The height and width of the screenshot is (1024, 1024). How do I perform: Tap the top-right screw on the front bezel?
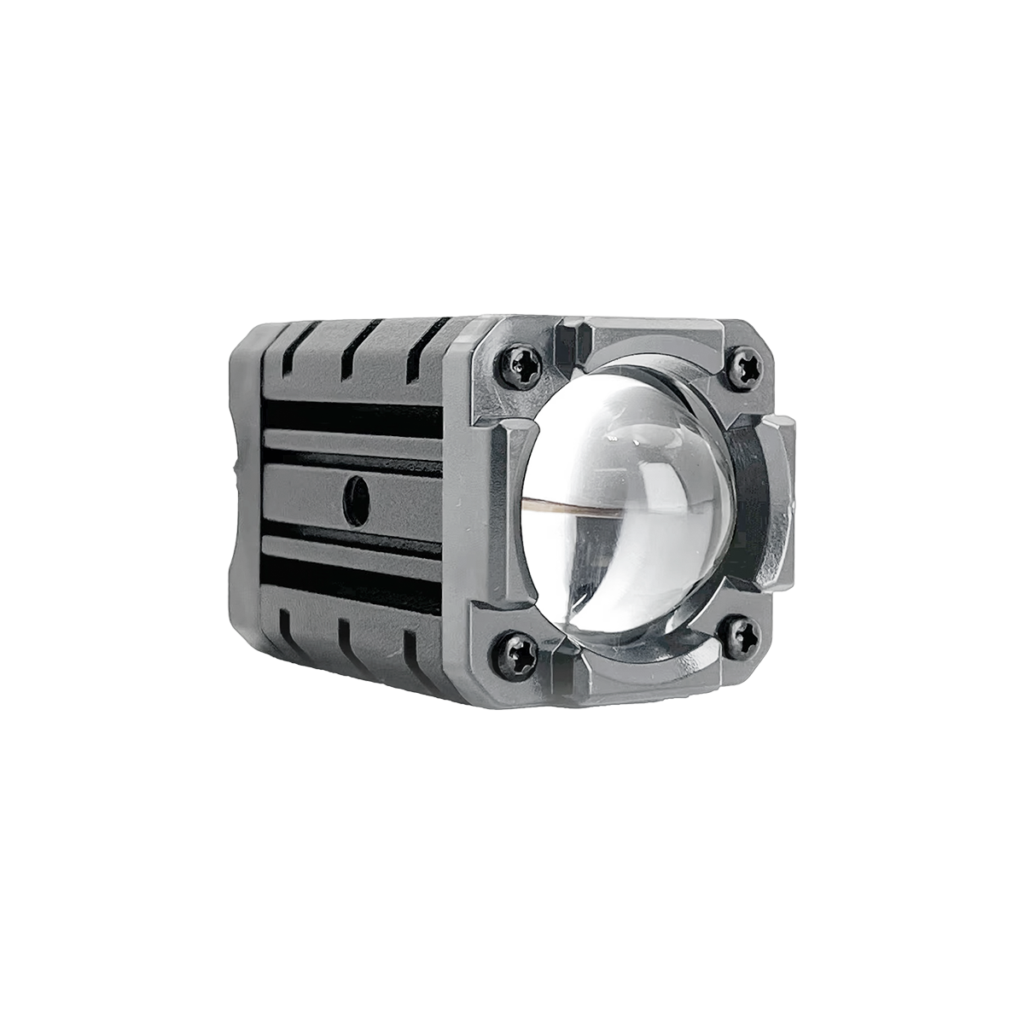(750, 365)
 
